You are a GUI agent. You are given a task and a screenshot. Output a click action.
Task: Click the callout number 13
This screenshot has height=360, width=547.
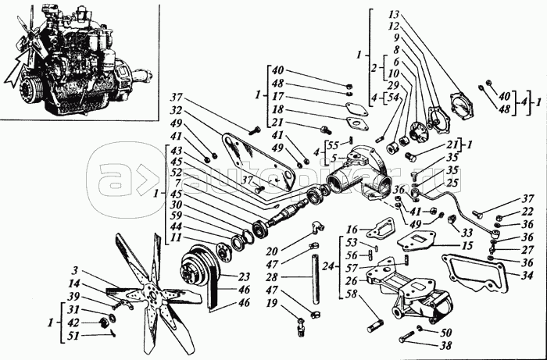(393, 16)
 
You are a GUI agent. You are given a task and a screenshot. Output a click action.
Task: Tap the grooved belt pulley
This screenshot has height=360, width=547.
(193, 269)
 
